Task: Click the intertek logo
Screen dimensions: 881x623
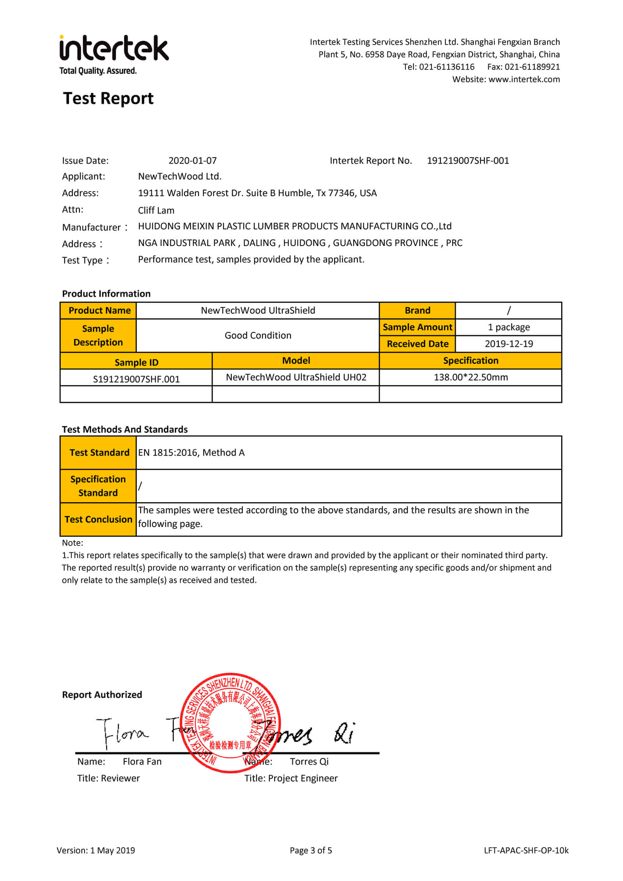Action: point(114,54)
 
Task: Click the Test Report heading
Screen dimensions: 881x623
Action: point(108,98)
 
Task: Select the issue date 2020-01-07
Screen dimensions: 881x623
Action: point(192,160)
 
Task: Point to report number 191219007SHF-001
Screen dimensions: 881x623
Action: point(468,160)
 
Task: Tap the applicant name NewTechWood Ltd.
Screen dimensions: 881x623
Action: point(180,176)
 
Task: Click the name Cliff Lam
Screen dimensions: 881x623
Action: point(156,210)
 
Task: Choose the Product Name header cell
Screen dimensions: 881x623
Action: point(99,310)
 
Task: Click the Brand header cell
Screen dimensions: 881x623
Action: point(417,310)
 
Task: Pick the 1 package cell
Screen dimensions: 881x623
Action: point(509,327)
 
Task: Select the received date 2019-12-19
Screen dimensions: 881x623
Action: point(509,344)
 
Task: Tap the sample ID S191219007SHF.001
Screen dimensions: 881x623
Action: point(136,379)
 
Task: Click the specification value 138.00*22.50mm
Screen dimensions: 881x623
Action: point(471,377)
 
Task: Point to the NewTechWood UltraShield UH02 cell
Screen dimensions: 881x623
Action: point(296,377)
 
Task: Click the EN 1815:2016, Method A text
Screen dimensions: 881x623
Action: point(191,452)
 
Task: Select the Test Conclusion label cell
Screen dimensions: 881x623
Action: point(98,519)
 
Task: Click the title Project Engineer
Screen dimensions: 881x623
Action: point(303,778)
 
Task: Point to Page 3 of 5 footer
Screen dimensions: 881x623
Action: point(311,851)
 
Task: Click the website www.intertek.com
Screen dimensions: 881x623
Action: point(524,79)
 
